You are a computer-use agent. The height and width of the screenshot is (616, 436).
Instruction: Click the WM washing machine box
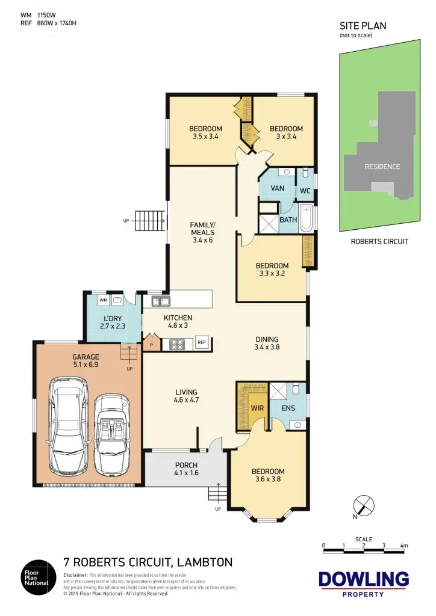click(x=102, y=300)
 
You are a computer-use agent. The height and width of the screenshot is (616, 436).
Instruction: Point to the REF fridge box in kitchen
click(x=202, y=343)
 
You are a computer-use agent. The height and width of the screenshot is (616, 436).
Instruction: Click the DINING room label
click(x=267, y=342)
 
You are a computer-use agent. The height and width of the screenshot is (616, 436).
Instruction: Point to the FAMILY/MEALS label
click(x=202, y=229)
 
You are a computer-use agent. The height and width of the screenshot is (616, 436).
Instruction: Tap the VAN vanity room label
click(x=278, y=188)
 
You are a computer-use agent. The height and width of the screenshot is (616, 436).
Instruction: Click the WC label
click(x=305, y=191)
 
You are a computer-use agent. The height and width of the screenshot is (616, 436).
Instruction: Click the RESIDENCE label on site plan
click(x=382, y=167)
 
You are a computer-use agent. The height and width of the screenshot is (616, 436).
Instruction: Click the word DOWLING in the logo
click(x=363, y=579)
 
